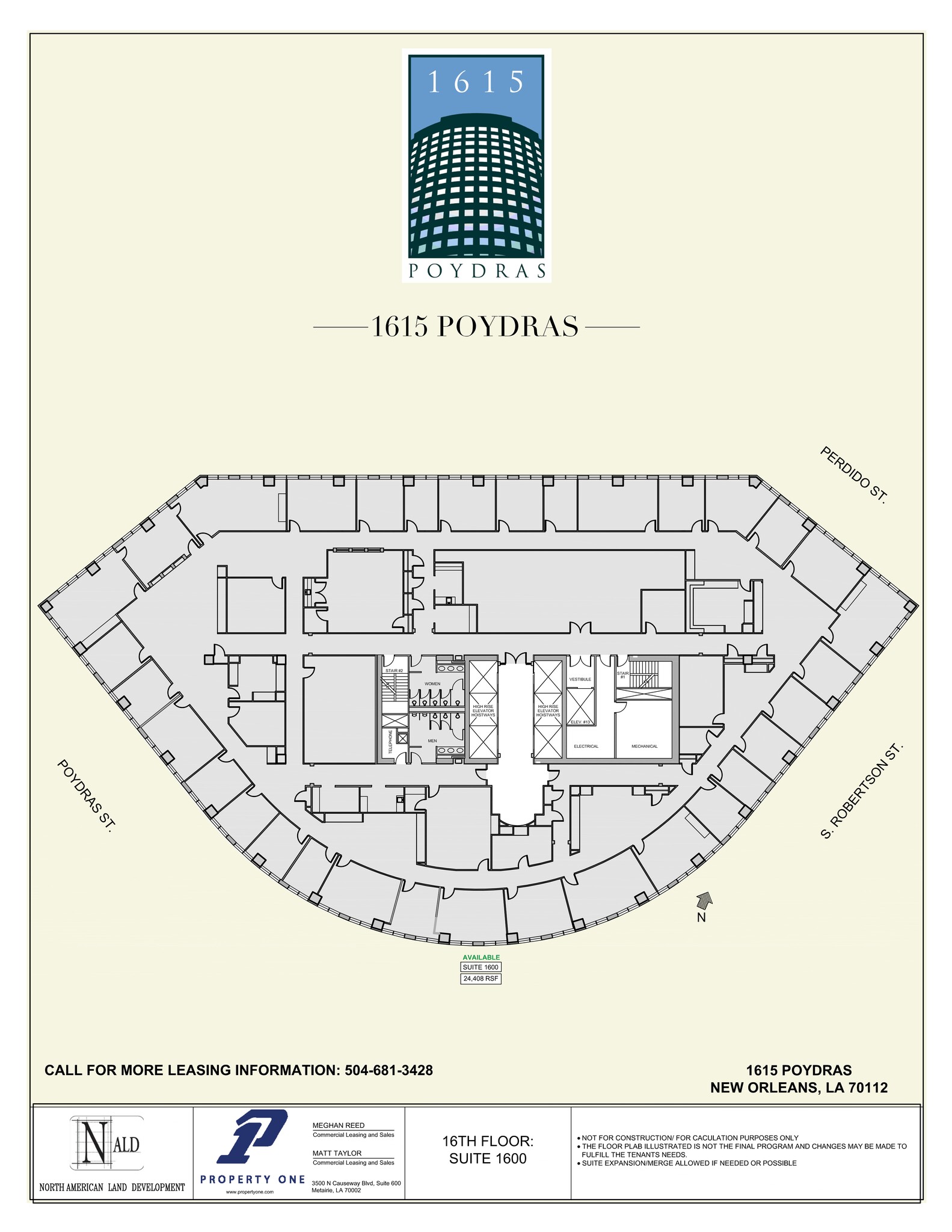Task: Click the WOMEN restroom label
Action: coord(432,684)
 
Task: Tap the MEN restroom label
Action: coord(432,741)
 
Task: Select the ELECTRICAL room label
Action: coord(586,747)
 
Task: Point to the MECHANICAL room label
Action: coord(644,747)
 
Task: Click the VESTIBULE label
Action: coord(580,679)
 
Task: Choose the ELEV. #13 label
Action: coord(580,722)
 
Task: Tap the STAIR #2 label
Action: coord(394,670)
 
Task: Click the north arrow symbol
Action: coord(703,901)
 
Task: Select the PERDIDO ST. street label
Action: coord(853,475)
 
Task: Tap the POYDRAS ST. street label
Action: coord(85,796)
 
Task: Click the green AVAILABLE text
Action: coord(481,958)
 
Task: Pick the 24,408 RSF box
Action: coord(481,979)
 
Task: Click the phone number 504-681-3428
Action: coord(388,1070)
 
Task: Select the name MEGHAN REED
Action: coord(338,1126)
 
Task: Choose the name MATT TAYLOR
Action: coord(337,1153)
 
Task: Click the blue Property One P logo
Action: coord(253,1137)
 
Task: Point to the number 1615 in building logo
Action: coord(476,82)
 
